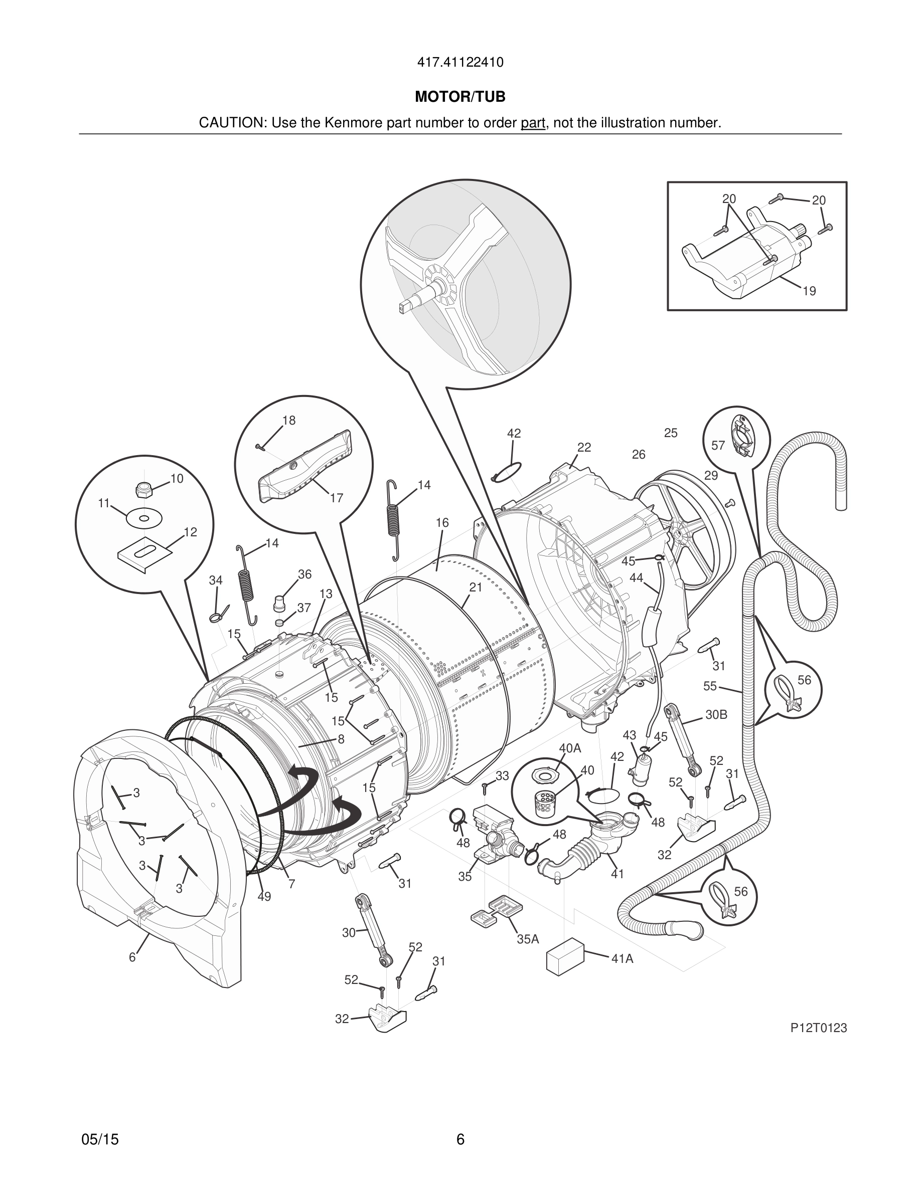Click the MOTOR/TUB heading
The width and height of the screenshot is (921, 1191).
click(460, 97)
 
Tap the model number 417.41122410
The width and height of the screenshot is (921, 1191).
click(460, 62)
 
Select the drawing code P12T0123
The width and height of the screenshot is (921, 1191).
click(819, 1028)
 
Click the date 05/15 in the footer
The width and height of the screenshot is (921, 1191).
click(100, 1139)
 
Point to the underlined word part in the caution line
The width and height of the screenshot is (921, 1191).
click(533, 123)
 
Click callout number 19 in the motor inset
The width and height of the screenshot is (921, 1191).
click(809, 291)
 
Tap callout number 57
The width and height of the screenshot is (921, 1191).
click(718, 446)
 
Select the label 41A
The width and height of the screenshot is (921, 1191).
click(622, 959)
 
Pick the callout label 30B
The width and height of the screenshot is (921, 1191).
click(716, 714)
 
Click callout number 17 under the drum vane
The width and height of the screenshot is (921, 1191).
click(337, 498)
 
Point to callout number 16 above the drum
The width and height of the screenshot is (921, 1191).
click(442, 522)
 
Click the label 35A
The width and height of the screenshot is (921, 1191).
click(528, 939)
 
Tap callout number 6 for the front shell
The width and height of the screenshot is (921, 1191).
click(132, 957)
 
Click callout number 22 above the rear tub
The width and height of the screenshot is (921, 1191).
click(584, 447)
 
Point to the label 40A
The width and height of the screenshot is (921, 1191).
click(570, 748)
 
